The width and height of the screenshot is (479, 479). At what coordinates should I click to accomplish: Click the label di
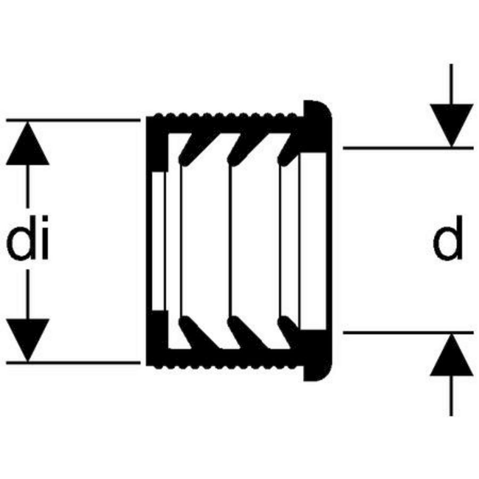[x=28, y=242]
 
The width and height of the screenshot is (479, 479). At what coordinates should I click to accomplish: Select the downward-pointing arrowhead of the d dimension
[x=451, y=125]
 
